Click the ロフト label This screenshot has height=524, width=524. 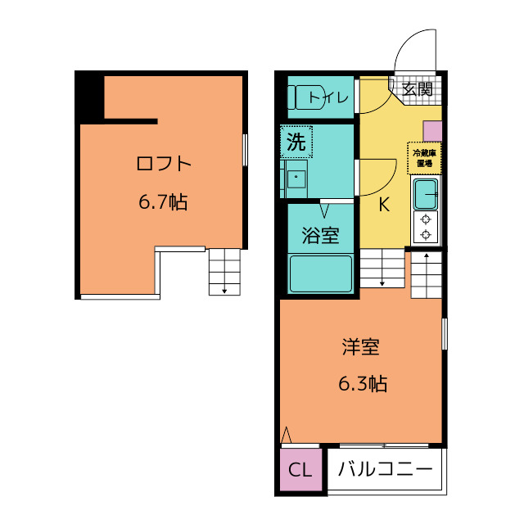pyautogui.click(x=164, y=164)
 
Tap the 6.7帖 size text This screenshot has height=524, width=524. pyautogui.click(x=163, y=202)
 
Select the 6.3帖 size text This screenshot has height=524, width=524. pyautogui.click(x=363, y=383)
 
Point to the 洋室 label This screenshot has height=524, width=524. pyautogui.click(x=361, y=347)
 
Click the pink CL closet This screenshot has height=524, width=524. pyautogui.click(x=300, y=469)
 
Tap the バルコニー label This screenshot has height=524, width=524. pyautogui.click(x=386, y=469)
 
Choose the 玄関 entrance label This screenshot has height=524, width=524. pyautogui.click(x=417, y=89)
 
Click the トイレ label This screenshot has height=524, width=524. pyautogui.click(x=328, y=97)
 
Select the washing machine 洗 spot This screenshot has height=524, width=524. pyautogui.click(x=296, y=142)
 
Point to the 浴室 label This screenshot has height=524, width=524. pyautogui.click(x=320, y=235)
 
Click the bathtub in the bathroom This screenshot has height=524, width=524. pyautogui.click(x=321, y=273)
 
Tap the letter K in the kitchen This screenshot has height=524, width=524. pyautogui.click(x=384, y=205)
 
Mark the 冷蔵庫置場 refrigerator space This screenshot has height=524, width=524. pyautogui.click(x=424, y=158)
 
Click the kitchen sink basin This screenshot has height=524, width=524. pyautogui.click(x=426, y=194)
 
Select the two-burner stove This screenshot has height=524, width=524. pyautogui.click(x=426, y=228)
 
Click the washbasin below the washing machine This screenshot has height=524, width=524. pyautogui.click(x=296, y=179)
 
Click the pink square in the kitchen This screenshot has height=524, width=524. pyautogui.click(x=433, y=131)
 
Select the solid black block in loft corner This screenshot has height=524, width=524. pyautogui.click(x=89, y=97)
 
